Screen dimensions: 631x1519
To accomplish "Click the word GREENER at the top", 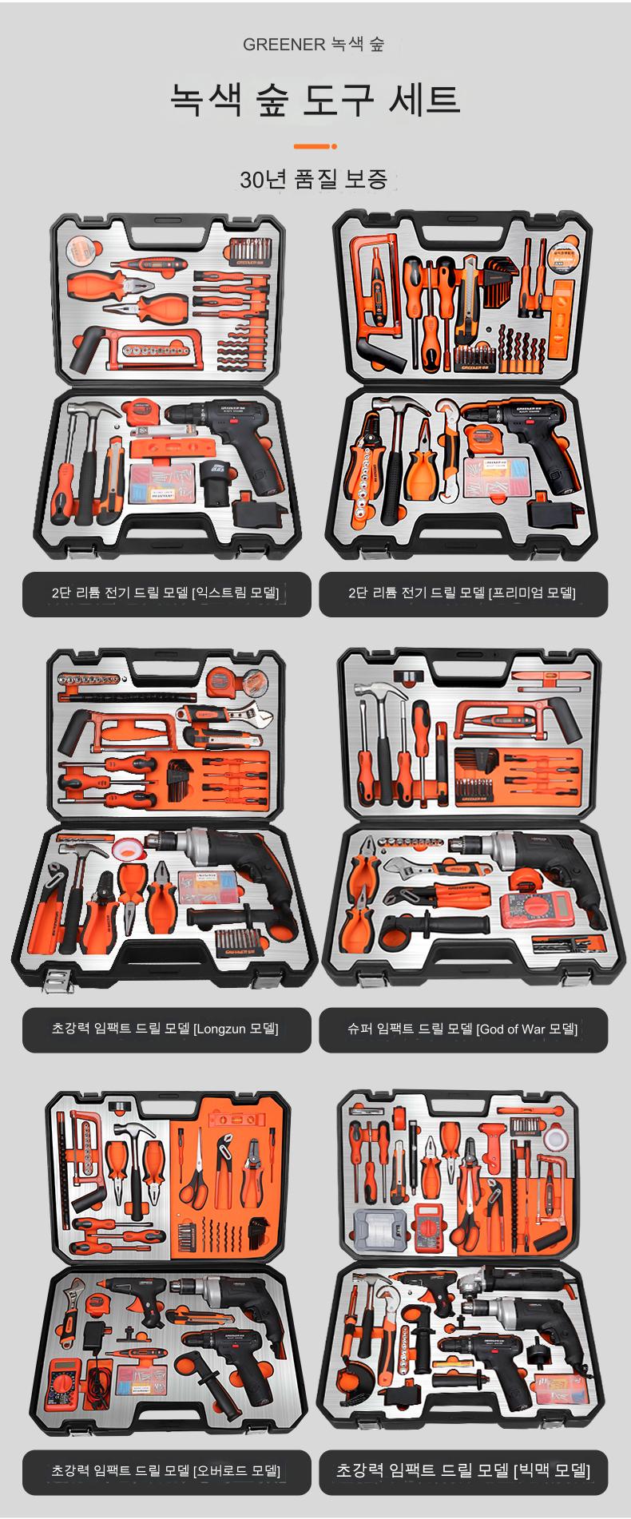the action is coord(284,45).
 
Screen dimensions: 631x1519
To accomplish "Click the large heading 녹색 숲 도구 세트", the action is coord(315,100).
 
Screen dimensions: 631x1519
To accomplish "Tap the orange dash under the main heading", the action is coord(315,146).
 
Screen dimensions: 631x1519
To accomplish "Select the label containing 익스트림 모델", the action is coord(166,593).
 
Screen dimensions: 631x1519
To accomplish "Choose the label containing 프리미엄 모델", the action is coord(463,593).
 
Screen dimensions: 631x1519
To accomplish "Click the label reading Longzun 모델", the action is coord(166,1029).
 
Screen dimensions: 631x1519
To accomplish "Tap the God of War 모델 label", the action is coord(463,1029).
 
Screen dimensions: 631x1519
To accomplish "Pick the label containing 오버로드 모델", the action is coord(166,1471).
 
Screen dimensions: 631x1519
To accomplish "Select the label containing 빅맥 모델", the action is coord(463,1471).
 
